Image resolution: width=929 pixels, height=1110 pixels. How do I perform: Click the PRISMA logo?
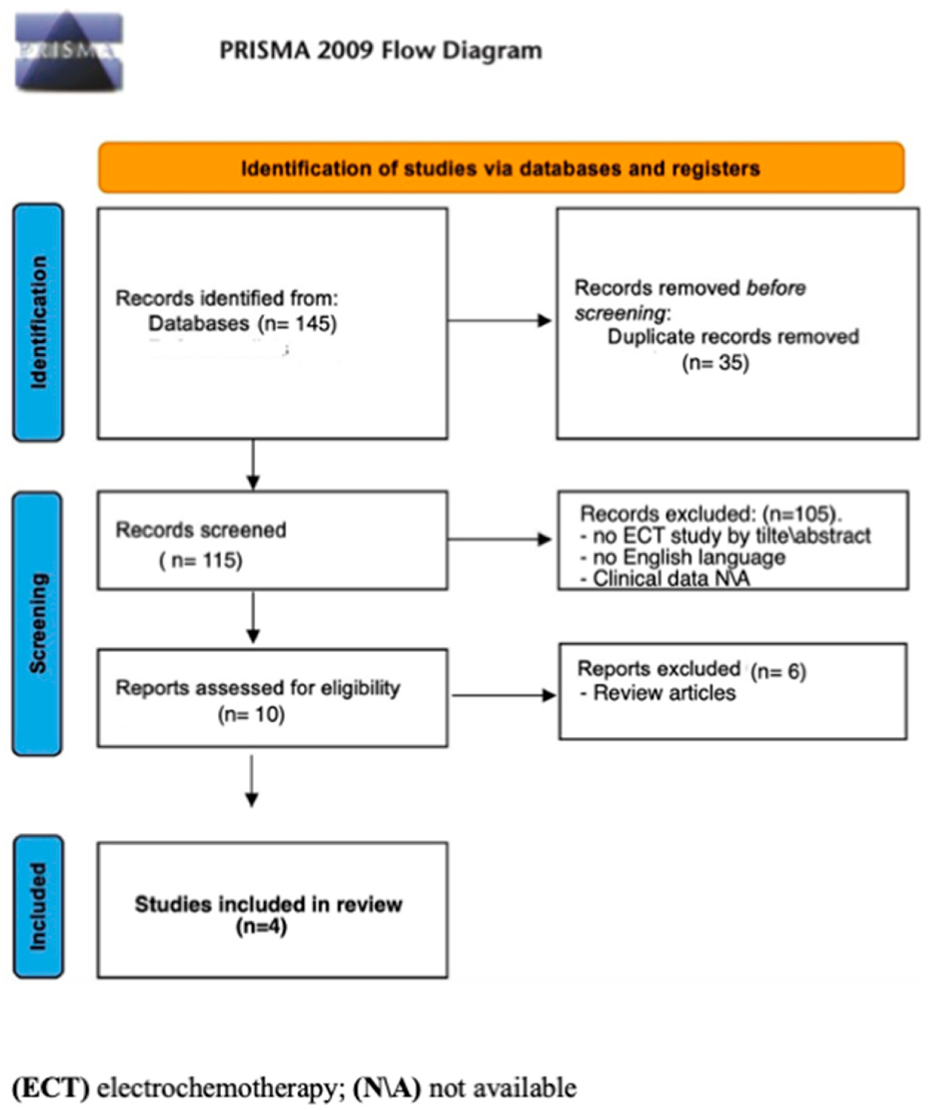pyautogui.click(x=69, y=51)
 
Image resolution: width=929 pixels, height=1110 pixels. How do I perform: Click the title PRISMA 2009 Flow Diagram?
pyautogui.click(x=381, y=51)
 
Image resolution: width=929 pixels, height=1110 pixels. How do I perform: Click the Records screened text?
pyautogui.click(x=201, y=529)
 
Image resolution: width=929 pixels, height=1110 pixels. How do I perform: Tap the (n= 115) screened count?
pyautogui.click(x=201, y=560)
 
